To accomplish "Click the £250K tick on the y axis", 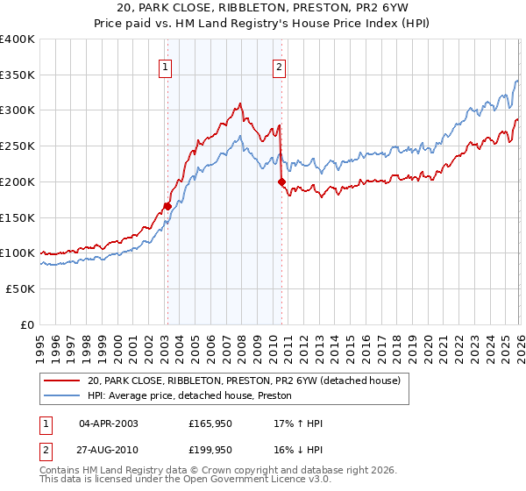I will tap(18, 146).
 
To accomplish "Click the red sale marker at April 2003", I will tap(167, 207).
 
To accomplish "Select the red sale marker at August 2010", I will tap(281, 182).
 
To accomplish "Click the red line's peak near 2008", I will tap(239, 104).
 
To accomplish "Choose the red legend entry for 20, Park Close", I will tap(244, 381).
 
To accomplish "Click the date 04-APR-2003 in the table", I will tap(109, 423).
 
